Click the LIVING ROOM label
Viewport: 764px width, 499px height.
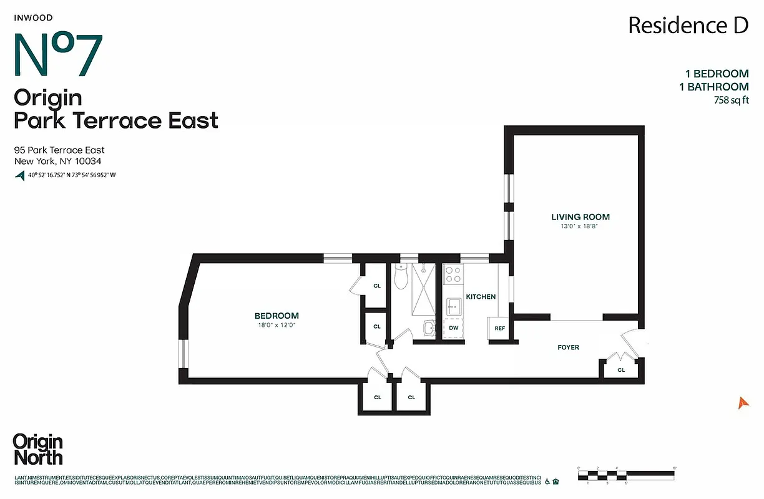(580, 217)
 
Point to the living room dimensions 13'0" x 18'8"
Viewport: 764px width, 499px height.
(580, 227)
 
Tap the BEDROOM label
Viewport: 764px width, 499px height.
(277, 316)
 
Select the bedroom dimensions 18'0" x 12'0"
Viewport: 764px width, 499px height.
(277, 326)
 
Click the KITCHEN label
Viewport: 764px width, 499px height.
(481, 297)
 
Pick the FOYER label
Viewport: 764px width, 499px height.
(568, 347)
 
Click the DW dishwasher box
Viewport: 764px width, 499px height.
(453, 328)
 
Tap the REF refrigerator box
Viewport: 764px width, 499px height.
(499, 328)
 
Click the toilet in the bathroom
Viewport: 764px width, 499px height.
(401, 275)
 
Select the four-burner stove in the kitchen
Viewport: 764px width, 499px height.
(453, 274)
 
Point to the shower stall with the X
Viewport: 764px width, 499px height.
(423, 291)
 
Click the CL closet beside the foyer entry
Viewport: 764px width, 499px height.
(621, 369)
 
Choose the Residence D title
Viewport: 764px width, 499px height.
(688, 26)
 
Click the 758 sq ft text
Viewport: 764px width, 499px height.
(731, 100)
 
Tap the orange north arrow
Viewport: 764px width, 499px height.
(743, 403)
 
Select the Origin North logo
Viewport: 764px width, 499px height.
(38, 449)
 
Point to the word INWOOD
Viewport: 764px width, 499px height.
(32, 18)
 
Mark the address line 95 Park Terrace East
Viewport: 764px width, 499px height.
(59, 150)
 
